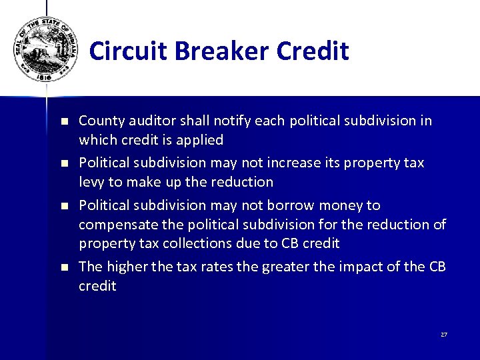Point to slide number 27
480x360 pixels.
point(444,334)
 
